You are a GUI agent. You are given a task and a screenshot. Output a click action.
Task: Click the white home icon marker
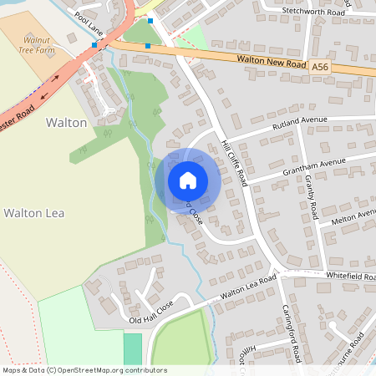click(187, 180)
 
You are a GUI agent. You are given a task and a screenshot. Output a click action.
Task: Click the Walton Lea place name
click(34, 213)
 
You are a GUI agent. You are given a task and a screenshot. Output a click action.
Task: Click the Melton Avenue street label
click(353, 217)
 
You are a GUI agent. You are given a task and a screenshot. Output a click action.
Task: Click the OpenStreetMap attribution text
click(84, 370)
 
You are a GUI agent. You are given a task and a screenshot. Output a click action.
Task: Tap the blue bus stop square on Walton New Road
click(148, 45)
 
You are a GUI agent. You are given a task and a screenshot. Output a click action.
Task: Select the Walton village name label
click(66, 123)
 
